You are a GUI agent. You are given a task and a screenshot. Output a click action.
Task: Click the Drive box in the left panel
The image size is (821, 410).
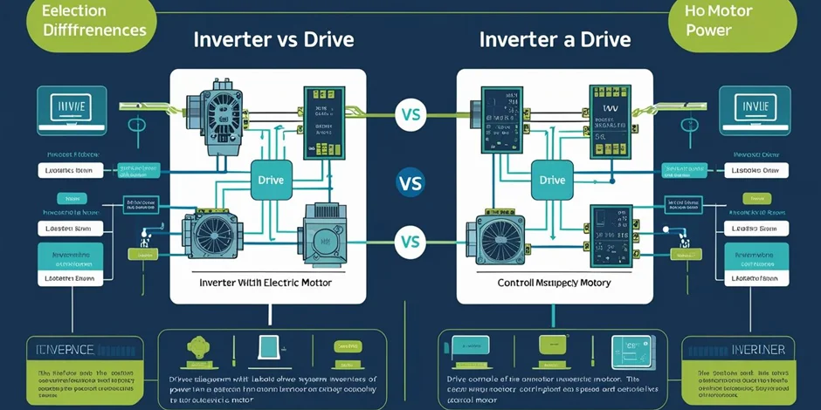tap(272, 181)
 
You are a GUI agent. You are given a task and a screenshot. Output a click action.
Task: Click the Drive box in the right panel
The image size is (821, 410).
tap(552, 181)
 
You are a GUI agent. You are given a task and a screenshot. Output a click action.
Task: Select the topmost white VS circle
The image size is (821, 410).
tap(410, 113)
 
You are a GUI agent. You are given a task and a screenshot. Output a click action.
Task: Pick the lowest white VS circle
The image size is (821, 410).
tap(410, 242)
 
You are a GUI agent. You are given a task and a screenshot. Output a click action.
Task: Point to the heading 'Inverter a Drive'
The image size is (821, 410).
tap(555, 40)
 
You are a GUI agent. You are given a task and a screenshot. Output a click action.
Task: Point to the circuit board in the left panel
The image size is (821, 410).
tap(322, 122)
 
